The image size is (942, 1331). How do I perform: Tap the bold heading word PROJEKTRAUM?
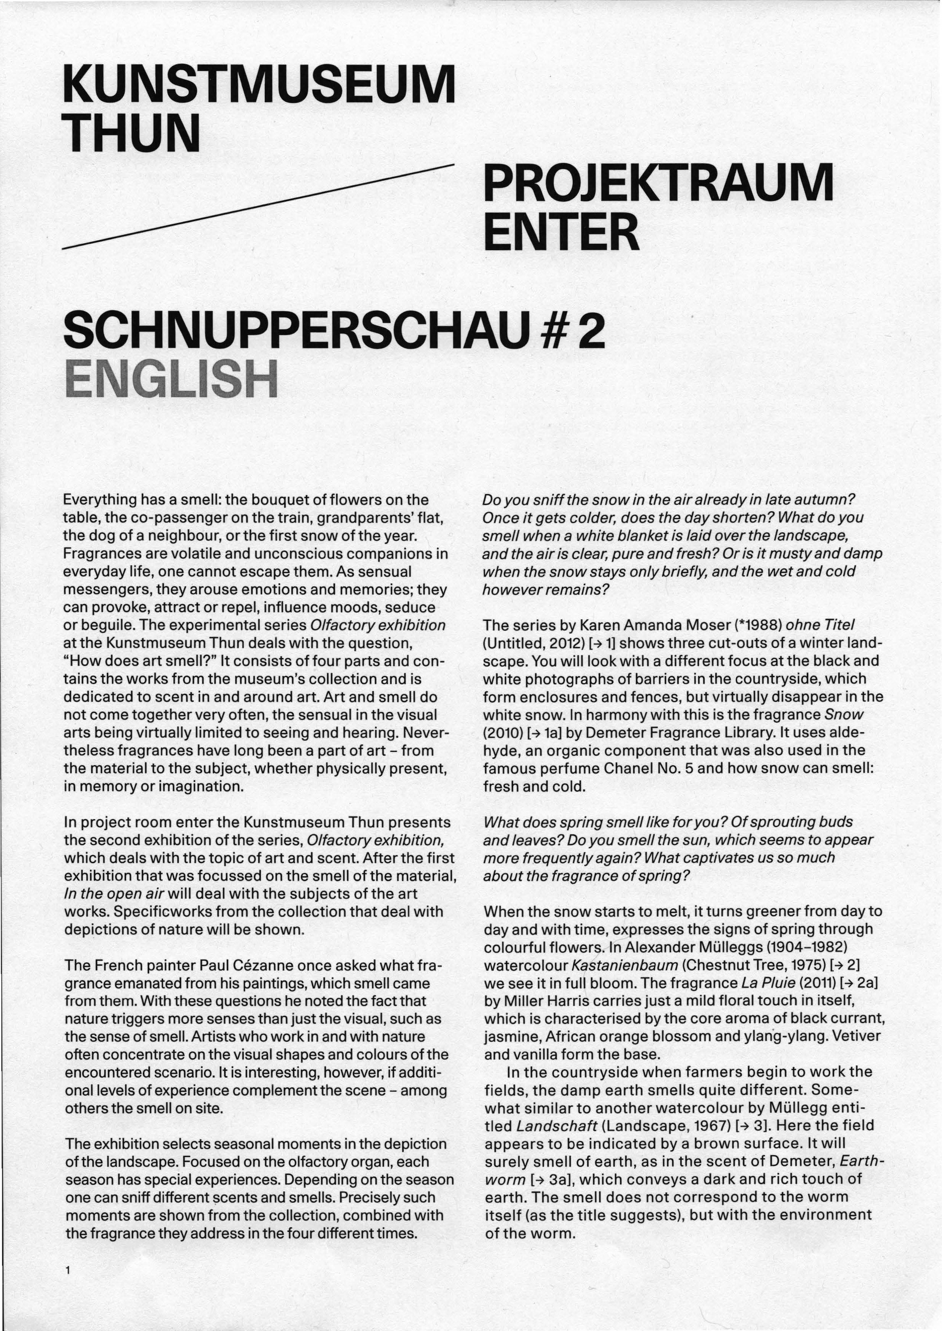click(x=658, y=184)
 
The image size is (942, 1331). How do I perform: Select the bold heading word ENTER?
click(x=561, y=232)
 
